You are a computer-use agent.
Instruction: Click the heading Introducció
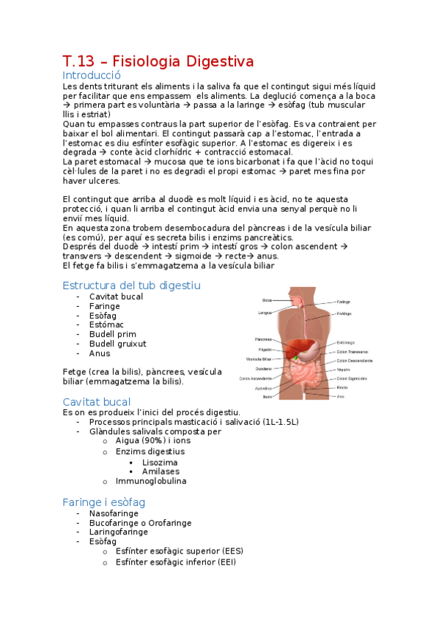[92, 75]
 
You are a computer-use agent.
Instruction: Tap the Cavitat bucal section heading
[97, 402]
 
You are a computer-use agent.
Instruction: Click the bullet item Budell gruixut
[117, 343]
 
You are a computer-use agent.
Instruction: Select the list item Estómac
[106, 324]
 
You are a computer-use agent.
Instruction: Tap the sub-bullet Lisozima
[160, 463]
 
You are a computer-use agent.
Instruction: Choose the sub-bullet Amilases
[161, 472]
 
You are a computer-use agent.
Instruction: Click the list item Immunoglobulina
[150, 481]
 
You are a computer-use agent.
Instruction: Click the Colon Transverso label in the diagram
[353, 352]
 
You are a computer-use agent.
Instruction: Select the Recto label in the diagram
[342, 387]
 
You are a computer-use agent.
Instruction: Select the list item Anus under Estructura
[100, 353]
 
